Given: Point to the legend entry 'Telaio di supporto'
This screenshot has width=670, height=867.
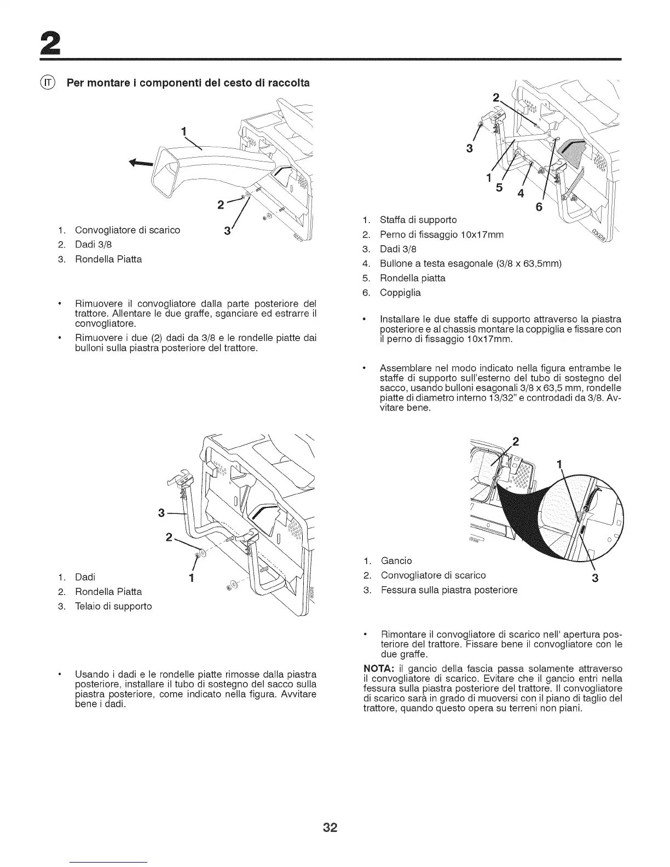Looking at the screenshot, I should [x=113, y=606].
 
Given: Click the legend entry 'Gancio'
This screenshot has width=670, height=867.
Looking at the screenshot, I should [x=396, y=560].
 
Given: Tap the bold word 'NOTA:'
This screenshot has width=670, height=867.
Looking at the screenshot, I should [x=379, y=669].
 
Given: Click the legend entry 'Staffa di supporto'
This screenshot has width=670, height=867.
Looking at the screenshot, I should [x=418, y=220].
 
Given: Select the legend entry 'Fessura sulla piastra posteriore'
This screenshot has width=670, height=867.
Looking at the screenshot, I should [x=449, y=590].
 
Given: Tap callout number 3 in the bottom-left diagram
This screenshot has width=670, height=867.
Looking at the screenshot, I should [x=161, y=513].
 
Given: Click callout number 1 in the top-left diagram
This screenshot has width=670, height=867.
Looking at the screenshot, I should [x=184, y=131].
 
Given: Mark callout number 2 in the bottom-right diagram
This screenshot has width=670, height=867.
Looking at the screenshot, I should [x=515, y=442].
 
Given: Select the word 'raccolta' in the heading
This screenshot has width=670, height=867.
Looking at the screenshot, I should [x=286, y=83].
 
